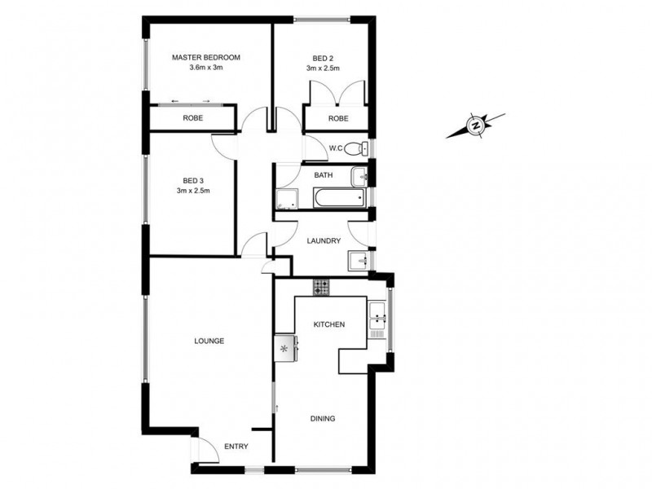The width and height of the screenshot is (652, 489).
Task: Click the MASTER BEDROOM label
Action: point(205,57)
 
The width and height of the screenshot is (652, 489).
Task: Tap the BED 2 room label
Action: point(323,58)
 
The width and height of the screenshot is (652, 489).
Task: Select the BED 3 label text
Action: point(192,180)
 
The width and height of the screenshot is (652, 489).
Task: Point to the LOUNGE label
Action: point(209,341)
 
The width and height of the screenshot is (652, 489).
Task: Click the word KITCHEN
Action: point(329,324)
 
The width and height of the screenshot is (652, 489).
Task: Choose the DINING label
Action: point(323,419)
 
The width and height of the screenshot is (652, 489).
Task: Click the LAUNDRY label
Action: point(323,241)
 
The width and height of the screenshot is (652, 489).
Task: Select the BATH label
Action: point(324,175)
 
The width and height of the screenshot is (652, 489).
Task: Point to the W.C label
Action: point(335,148)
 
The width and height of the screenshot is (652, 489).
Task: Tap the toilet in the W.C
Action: point(355,149)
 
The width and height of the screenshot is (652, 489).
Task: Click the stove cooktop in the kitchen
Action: point(322,287)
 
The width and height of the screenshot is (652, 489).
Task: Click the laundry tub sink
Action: point(357,261)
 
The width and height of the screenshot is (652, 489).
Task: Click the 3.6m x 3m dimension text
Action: point(205,68)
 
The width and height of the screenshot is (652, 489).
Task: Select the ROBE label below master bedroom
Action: point(192,118)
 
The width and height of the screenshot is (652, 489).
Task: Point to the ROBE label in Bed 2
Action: point(337,118)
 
